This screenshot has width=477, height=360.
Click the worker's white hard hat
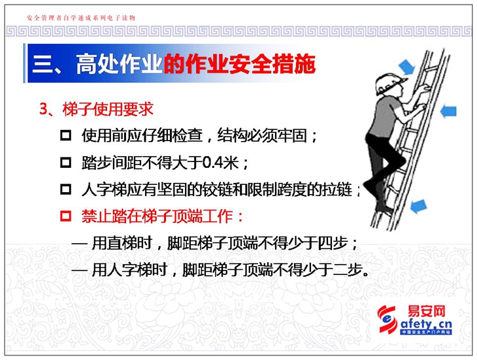point(389,84)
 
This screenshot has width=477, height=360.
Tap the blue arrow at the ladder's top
point(406,66)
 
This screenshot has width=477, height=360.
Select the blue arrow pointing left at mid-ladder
point(448,110)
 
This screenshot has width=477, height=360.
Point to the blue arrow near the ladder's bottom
point(419,206)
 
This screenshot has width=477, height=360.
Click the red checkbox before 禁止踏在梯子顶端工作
point(65,216)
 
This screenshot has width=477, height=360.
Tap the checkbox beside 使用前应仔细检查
point(65,135)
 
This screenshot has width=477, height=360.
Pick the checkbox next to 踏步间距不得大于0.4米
point(65,163)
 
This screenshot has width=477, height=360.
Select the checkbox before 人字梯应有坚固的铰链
point(65,189)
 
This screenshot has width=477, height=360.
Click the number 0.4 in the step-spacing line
point(212,163)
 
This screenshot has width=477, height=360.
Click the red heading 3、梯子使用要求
point(97,109)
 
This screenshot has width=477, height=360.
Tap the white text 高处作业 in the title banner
point(119,64)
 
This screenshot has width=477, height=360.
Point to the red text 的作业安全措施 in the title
point(240,64)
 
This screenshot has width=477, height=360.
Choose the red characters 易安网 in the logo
point(426,312)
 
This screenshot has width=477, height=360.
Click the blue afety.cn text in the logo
point(426,324)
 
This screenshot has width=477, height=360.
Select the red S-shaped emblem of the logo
point(387,319)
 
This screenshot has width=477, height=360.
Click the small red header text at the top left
point(81,18)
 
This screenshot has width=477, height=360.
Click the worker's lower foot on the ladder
point(384,210)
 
